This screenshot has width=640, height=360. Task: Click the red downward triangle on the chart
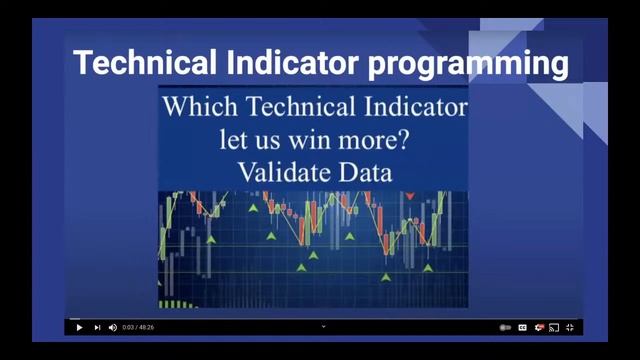(410, 196)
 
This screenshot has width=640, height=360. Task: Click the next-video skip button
(97, 327)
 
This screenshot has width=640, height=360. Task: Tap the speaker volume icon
(112, 327)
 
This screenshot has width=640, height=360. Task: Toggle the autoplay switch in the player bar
(505, 327)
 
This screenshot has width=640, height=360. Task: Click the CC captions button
(522, 327)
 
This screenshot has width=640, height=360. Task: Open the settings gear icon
(538, 327)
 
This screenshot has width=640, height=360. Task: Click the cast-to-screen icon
(554, 327)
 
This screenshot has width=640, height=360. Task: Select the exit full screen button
(570, 327)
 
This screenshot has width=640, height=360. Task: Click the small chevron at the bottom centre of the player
(323, 325)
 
